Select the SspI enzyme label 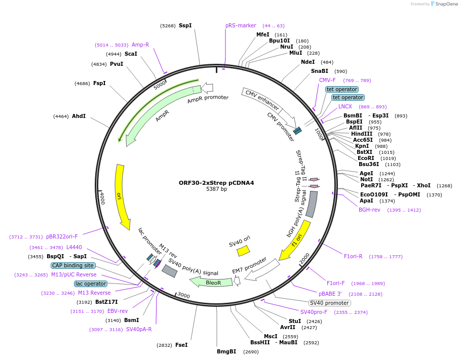185,25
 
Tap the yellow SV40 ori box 243,251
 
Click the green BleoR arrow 211,282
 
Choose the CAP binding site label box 73,265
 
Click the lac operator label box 90,284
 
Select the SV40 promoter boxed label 330,303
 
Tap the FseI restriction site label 181,345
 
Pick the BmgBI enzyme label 226,351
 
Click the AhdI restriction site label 79,116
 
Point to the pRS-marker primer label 241,25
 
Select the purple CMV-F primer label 327,80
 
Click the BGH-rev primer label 369,210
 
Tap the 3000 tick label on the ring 183,296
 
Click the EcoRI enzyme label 366,158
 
